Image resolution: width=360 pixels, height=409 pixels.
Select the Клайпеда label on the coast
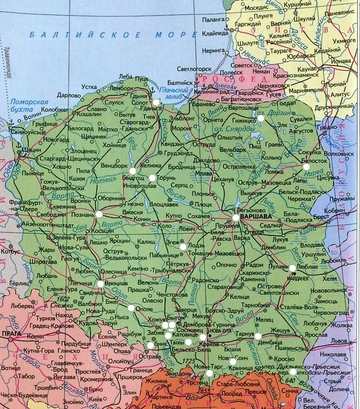215,34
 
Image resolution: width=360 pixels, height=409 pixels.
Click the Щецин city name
31,149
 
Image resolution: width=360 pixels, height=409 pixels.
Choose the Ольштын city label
232,138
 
